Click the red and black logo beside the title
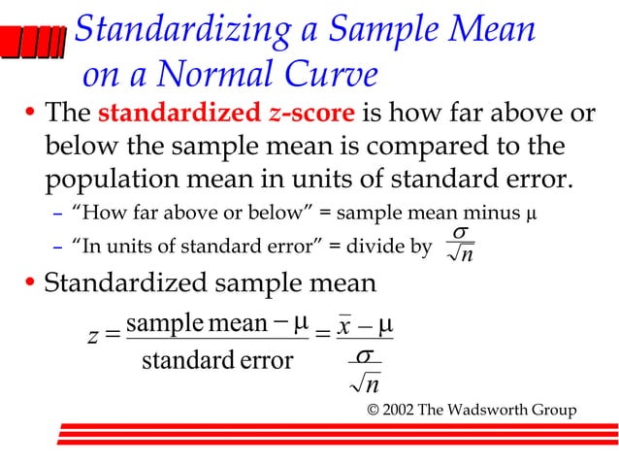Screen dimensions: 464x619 click(34, 45)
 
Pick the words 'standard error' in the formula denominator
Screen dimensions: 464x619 click(216, 361)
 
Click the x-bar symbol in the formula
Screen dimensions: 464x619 click(342, 325)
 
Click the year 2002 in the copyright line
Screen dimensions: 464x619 click(401, 410)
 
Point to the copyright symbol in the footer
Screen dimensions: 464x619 click(374, 410)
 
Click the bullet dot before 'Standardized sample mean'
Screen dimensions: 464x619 click(29, 286)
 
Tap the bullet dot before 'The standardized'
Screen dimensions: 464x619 click(29, 116)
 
